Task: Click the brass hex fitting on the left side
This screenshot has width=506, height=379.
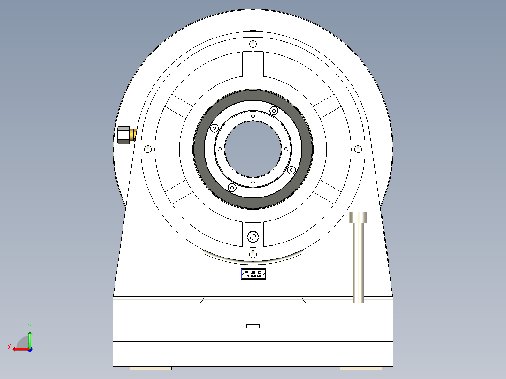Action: [125, 136]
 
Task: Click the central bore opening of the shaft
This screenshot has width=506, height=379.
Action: [253, 149]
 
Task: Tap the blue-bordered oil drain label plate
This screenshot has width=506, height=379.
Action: [253, 274]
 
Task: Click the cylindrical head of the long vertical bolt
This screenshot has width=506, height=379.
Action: [358, 218]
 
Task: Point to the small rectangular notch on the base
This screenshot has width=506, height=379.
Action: [253, 326]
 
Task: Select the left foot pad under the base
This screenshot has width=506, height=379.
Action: [150, 368]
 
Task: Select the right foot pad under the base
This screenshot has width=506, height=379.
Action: [361, 368]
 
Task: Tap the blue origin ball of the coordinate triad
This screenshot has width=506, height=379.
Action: [30, 349]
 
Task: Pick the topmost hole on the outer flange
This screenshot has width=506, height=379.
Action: [253, 44]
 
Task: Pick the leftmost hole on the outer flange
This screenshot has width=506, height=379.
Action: [148, 149]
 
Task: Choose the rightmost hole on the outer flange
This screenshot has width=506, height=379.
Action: [358, 149]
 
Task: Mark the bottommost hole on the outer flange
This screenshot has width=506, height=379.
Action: [253, 254]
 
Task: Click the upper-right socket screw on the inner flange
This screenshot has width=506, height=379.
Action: [274, 111]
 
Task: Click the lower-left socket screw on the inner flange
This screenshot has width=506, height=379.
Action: [231, 188]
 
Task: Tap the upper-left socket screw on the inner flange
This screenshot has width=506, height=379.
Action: [215, 128]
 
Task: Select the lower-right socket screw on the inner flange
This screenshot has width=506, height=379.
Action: [291, 170]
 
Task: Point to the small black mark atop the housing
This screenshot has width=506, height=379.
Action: [253, 31]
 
